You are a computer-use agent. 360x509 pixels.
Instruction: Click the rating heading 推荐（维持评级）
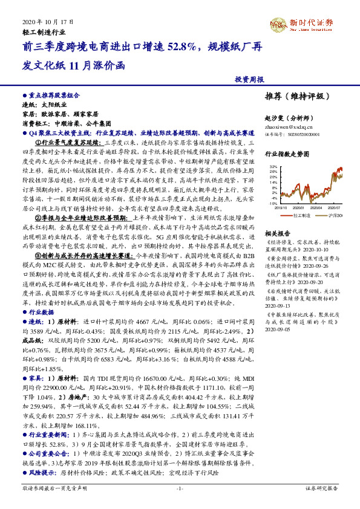click(293, 96)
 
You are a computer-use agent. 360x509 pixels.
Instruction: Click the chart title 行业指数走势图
click(287, 154)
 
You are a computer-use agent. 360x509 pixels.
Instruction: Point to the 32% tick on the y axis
click(273, 166)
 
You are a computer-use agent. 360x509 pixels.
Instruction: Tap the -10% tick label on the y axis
click(273, 204)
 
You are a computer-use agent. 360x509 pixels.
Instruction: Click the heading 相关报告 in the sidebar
click(278, 233)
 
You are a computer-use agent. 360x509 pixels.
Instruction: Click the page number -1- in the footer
click(179, 488)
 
